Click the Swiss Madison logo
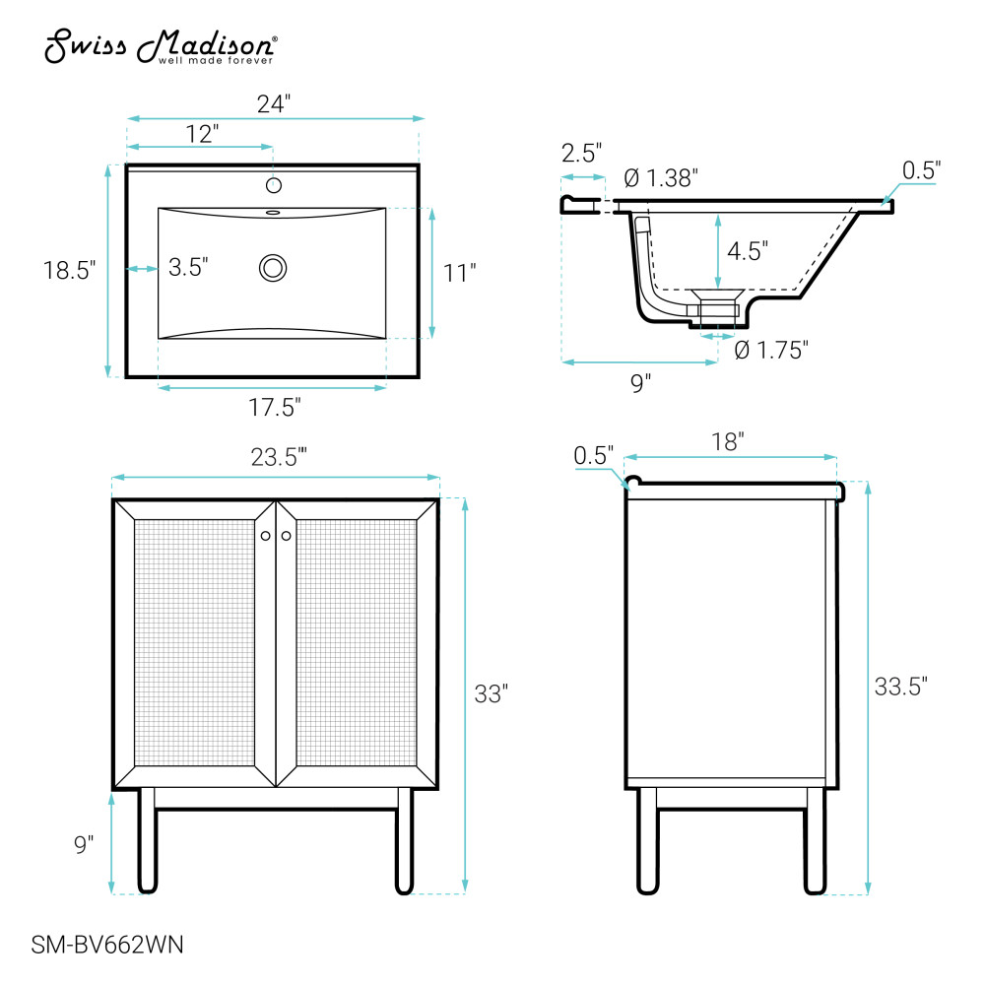(161, 46)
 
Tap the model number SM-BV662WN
(107, 945)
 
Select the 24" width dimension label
(274, 103)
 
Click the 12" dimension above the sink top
(202, 134)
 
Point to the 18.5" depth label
(69, 270)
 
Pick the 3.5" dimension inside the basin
(188, 267)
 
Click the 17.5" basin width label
(275, 408)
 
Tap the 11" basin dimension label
(459, 273)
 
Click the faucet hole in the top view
(273, 185)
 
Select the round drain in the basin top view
(273, 268)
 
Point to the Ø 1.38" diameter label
(661, 178)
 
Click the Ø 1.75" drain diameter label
(771, 350)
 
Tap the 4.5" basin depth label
(748, 251)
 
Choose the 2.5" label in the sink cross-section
(582, 153)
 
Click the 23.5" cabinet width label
(279, 457)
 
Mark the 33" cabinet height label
(492, 694)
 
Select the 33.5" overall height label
(901, 687)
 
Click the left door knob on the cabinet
(266, 536)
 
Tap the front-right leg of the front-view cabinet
(405, 840)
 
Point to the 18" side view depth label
(728, 441)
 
